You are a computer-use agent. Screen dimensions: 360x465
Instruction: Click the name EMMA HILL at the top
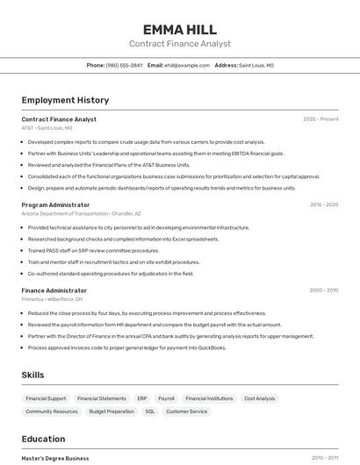click(x=179, y=29)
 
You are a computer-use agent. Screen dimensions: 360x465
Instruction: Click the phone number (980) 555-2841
click(x=124, y=65)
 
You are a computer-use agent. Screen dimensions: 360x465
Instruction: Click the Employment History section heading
click(x=65, y=100)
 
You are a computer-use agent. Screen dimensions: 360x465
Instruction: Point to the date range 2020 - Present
click(x=320, y=119)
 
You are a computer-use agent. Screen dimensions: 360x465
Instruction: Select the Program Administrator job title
click(x=55, y=204)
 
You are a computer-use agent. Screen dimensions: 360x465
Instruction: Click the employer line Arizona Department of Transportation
click(x=81, y=213)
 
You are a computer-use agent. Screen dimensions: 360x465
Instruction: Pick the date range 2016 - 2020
click(x=323, y=204)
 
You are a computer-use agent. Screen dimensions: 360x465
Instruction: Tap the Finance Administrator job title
click(x=54, y=290)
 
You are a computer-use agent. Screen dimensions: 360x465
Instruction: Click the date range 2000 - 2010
click(x=323, y=290)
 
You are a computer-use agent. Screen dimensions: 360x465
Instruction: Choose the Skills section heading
click(x=33, y=376)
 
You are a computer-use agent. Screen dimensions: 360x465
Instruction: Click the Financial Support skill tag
click(x=46, y=398)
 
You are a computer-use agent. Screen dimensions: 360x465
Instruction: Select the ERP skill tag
click(x=141, y=398)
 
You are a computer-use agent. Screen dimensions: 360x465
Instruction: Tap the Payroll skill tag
click(x=166, y=398)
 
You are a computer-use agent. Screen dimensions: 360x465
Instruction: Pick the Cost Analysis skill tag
click(x=260, y=398)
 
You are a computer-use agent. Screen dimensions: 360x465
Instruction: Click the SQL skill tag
click(x=149, y=411)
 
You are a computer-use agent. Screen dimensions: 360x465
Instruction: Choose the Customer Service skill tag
click(x=186, y=411)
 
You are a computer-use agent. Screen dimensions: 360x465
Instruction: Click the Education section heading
click(x=43, y=439)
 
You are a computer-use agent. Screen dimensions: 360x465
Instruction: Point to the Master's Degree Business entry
click(x=55, y=458)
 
